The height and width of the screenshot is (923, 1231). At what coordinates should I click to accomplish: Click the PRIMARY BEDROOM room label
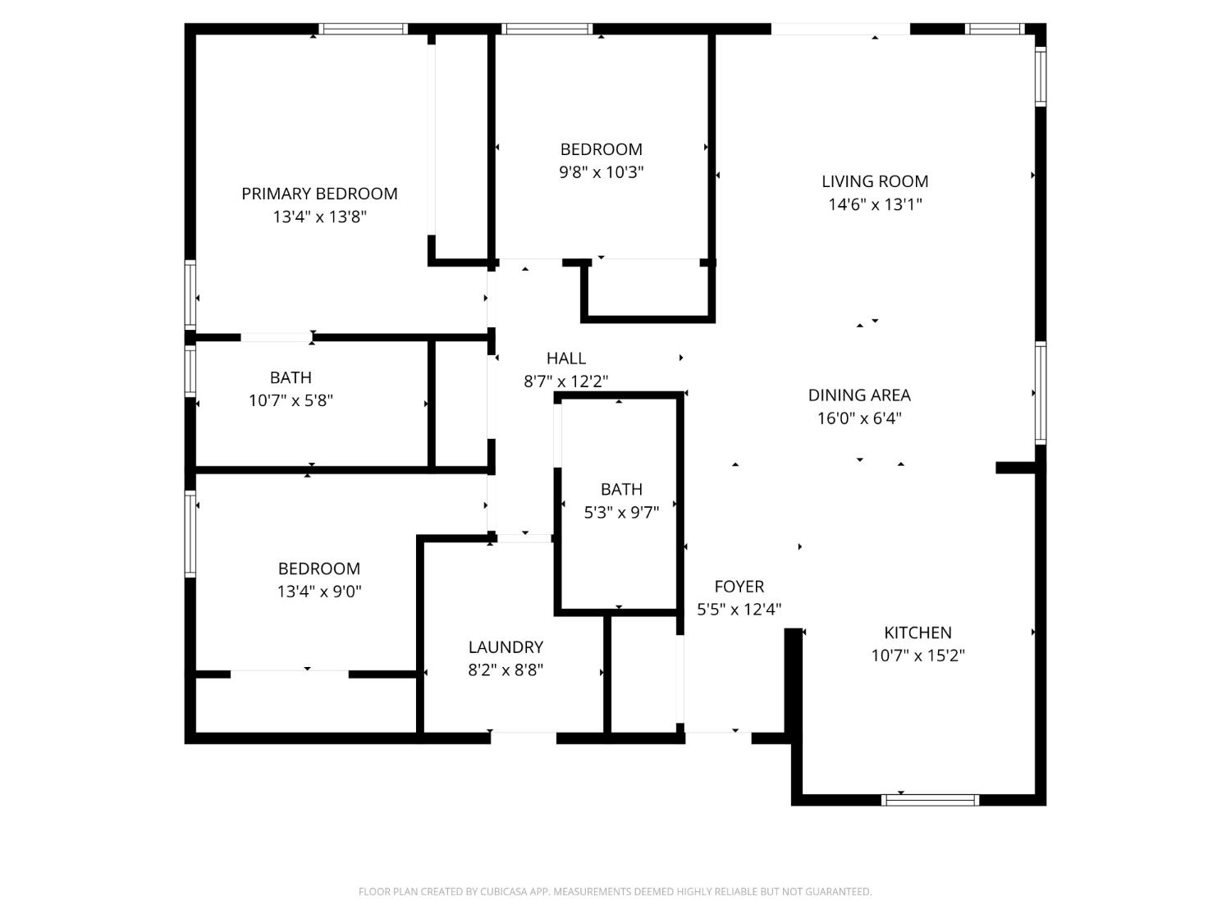[319, 194]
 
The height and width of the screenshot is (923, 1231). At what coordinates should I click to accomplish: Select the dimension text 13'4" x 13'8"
[319, 217]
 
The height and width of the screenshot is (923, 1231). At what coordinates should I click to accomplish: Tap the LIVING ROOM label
[875, 181]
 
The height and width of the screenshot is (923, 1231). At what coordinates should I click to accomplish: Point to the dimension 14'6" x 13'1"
[875, 204]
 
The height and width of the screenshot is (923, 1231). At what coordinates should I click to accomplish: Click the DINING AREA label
[859, 395]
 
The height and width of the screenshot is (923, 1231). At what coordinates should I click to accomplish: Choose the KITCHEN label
[918, 633]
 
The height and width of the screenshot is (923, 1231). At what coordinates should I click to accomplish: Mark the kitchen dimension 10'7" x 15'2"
[918, 656]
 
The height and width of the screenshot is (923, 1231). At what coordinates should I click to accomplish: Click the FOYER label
[739, 587]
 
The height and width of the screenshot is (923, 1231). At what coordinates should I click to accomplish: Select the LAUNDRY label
[506, 647]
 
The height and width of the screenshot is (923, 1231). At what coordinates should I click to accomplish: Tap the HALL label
[565, 358]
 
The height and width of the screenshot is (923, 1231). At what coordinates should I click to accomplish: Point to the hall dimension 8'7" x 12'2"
[565, 382]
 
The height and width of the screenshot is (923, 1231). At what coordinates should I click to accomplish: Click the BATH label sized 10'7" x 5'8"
[291, 377]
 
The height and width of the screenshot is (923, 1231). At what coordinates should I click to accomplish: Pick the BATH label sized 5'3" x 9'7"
[621, 489]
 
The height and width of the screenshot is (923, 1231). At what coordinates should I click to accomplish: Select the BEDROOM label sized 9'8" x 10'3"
[601, 149]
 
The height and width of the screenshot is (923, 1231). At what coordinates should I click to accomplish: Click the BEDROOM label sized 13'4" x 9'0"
[318, 569]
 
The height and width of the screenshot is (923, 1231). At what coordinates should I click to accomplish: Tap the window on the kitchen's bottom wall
[930, 800]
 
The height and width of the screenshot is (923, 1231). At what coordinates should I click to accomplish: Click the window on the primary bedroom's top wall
[363, 29]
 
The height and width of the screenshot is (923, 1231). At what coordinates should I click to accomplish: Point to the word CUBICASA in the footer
[502, 892]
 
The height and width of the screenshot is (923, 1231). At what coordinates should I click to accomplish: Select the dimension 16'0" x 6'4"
[859, 418]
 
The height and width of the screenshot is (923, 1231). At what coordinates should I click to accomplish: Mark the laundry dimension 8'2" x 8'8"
[506, 669]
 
